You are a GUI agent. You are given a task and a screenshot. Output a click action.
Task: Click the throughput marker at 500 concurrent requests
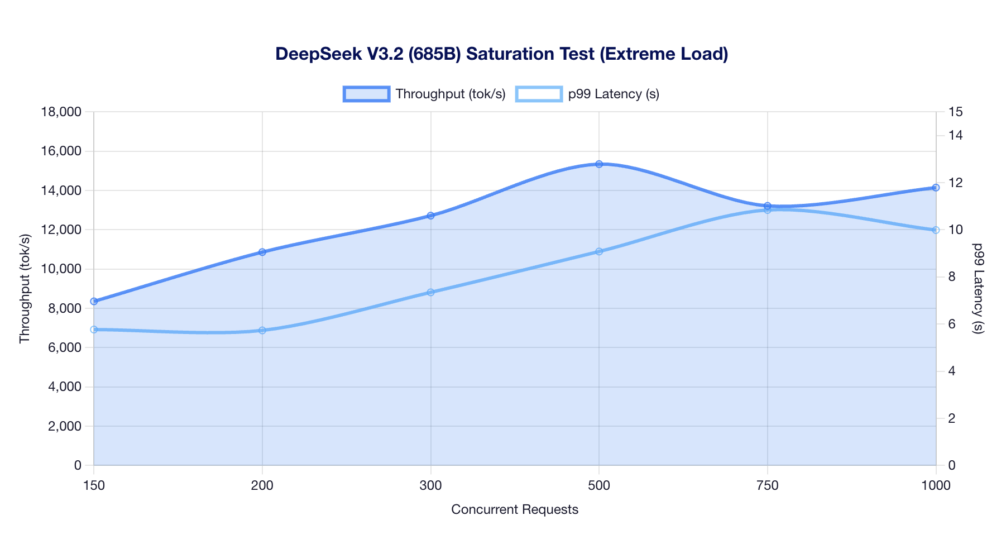pyautogui.click(x=599, y=164)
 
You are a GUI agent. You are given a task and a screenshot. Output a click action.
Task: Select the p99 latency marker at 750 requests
pyautogui.click(x=768, y=210)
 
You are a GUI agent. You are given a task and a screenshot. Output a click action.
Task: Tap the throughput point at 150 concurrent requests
pyautogui.click(x=94, y=301)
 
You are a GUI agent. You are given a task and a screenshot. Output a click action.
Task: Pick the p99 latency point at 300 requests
pyautogui.click(x=430, y=292)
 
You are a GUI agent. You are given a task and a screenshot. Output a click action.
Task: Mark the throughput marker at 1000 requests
pyautogui.click(x=936, y=188)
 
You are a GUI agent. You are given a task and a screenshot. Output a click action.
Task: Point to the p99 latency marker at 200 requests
pyautogui.click(x=262, y=331)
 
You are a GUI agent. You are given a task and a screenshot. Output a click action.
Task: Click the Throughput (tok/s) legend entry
pyautogui.click(x=424, y=94)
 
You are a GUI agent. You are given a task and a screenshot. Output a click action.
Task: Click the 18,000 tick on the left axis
pyautogui.click(x=62, y=112)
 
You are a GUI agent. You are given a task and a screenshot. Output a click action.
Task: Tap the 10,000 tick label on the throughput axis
pyautogui.click(x=62, y=269)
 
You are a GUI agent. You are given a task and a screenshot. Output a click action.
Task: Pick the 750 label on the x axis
pyautogui.click(x=768, y=486)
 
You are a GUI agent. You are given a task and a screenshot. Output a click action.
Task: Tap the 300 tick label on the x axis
pyautogui.click(x=430, y=486)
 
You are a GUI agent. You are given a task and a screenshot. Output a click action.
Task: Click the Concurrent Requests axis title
pyautogui.click(x=514, y=509)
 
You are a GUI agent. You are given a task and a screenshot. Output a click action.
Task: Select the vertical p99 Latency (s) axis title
pyautogui.click(x=977, y=288)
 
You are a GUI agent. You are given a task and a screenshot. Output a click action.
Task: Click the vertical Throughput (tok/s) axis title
pyautogui.click(x=25, y=288)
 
